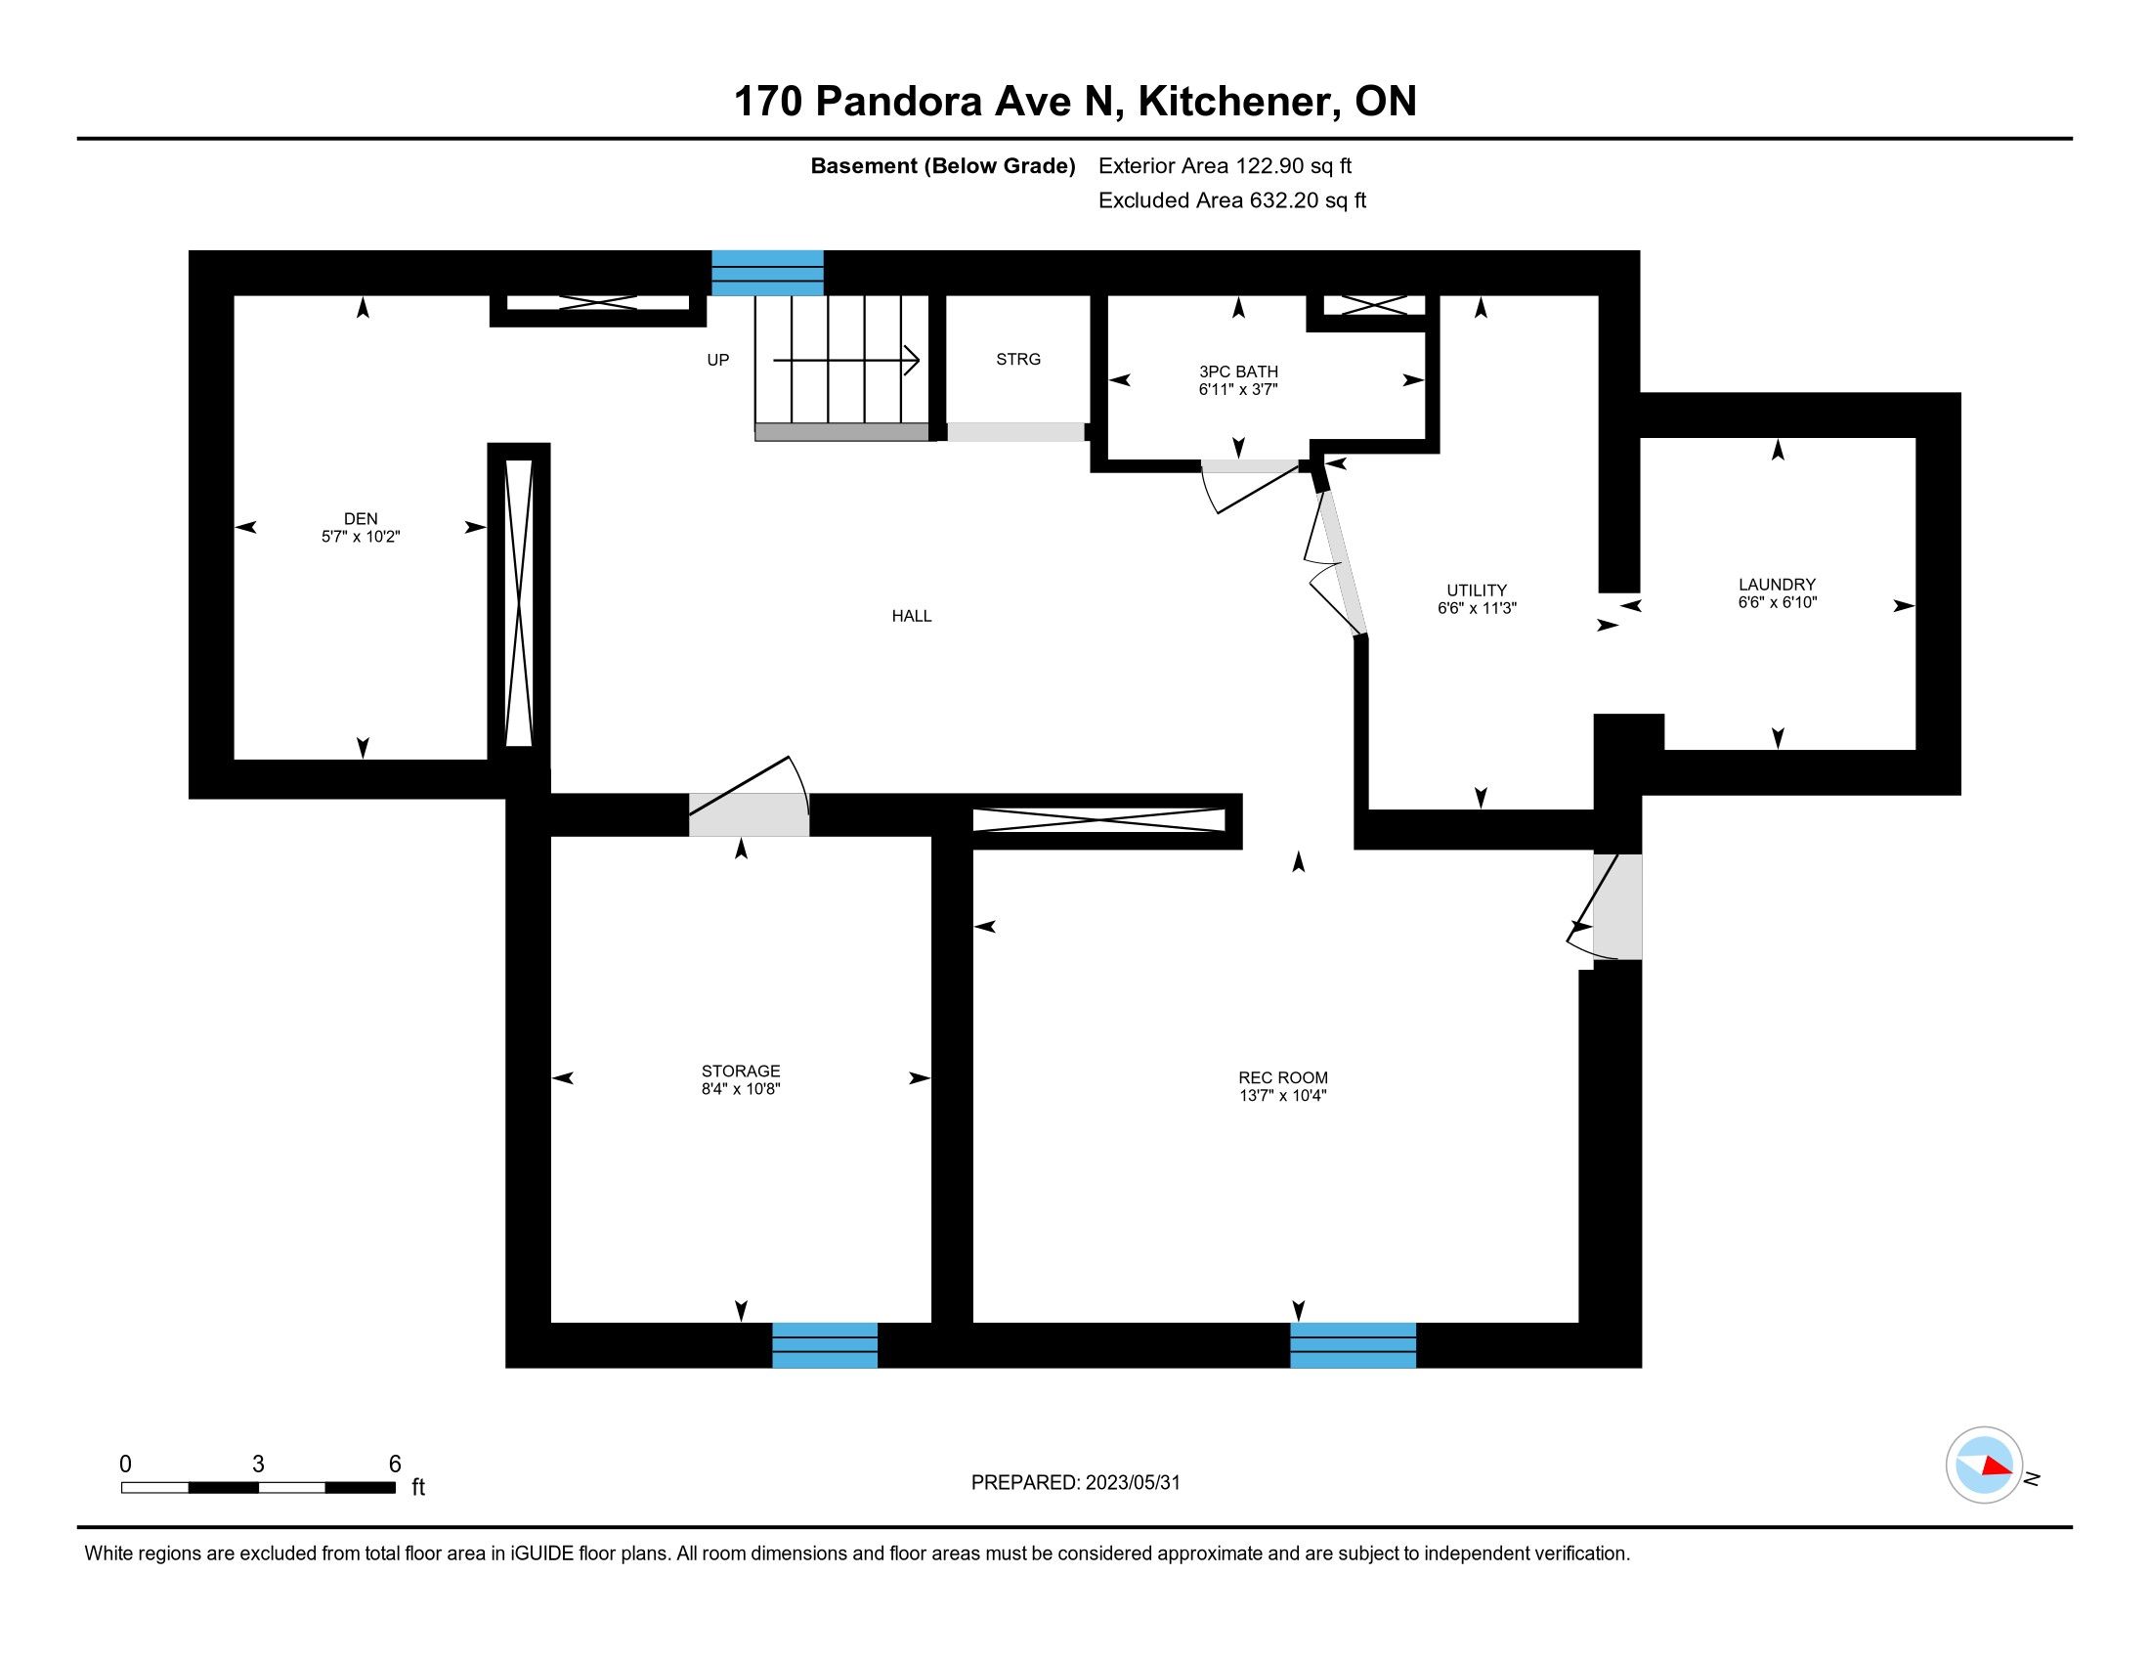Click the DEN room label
click(361, 519)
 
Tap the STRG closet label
click(1018, 360)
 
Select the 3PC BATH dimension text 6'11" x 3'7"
click(1238, 389)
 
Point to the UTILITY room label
click(1477, 590)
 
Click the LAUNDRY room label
click(1777, 585)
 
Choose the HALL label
click(912, 616)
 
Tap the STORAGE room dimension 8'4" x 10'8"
click(741, 1089)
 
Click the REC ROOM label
click(1283, 1078)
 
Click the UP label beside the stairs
click(717, 361)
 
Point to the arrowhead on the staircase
click(913, 361)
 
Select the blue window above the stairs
click(767, 273)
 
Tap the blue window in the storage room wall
click(824, 1345)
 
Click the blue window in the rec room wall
click(1353, 1345)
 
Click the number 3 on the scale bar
click(258, 1465)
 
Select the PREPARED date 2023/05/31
click(1132, 1483)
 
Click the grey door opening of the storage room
click(749, 814)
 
